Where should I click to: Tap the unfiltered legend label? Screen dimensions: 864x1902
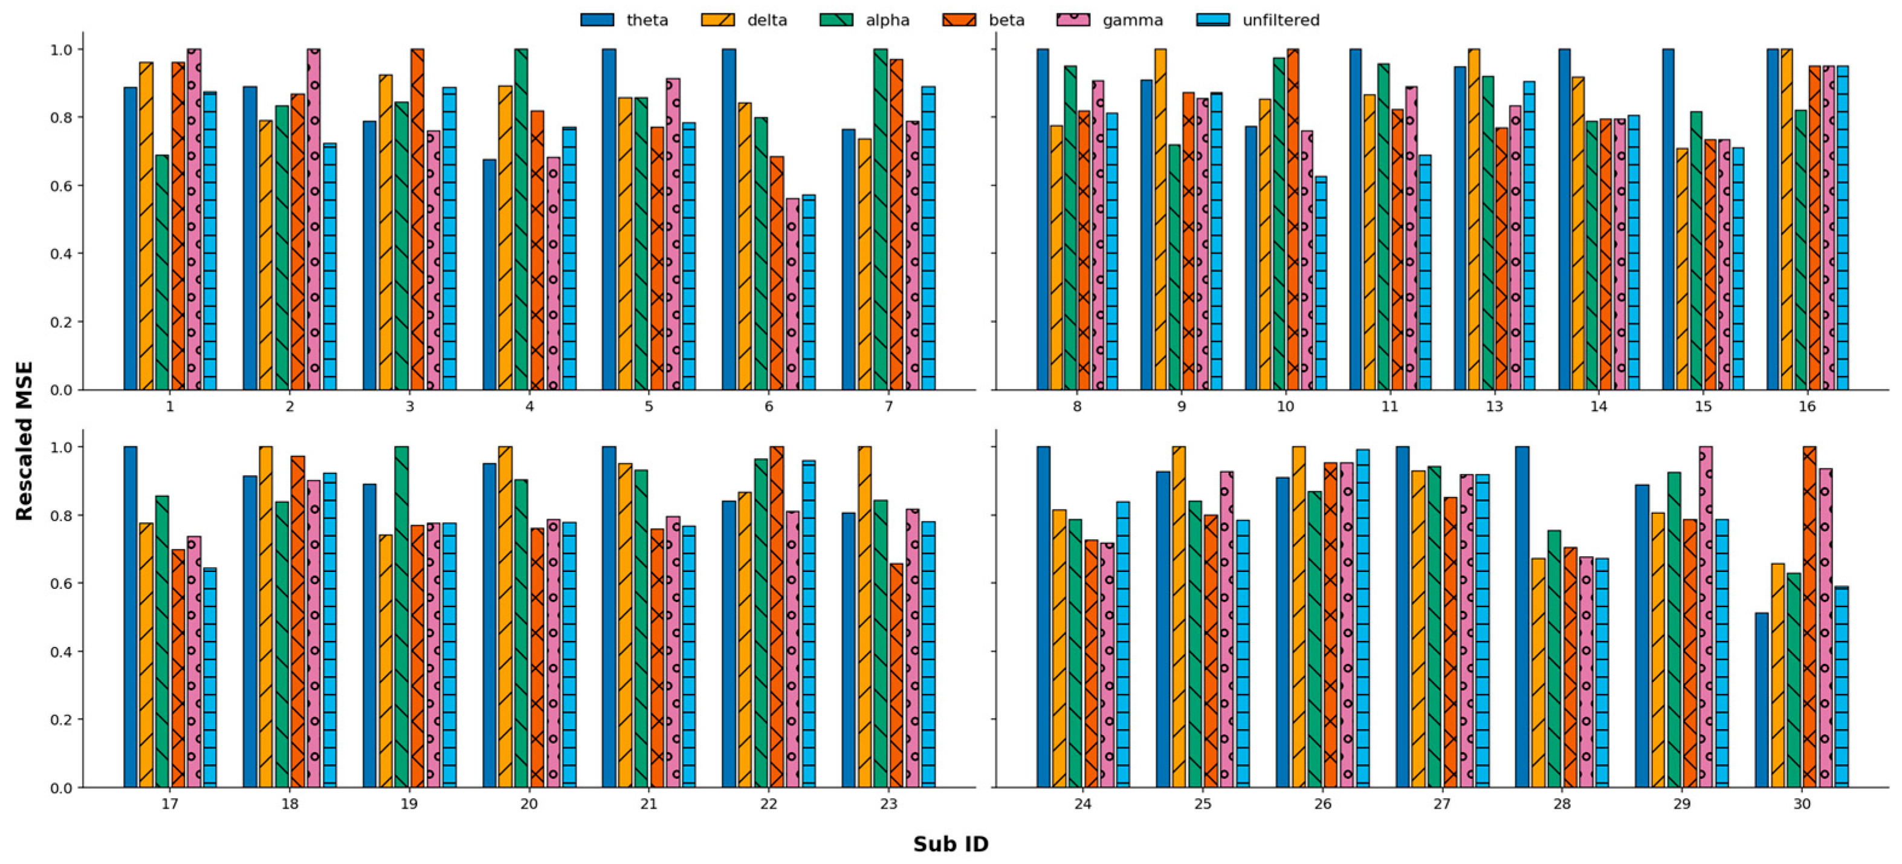pyautogui.click(x=1280, y=20)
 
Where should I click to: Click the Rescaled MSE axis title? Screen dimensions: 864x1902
pyautogui.click(x=24, y=440)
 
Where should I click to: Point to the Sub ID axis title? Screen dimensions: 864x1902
pyautogui.click(x=950, y=843)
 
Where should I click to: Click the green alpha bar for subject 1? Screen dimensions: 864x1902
pyautogui.click(x=162, y=273)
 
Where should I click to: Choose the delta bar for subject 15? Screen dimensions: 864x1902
pyautogui.click(x=1682, y=270)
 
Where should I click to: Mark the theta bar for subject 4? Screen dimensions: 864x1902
pyautogui.click(x=490, y=274)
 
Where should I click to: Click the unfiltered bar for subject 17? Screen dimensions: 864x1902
pyautogui.click(x=210, y=677)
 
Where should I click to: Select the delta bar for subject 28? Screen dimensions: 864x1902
pyautogui.click(x=1538, y=672)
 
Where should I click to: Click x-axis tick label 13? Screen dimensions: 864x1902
pyautogui.click(x=1493, y=406)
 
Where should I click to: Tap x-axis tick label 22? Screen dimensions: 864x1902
pyautogui.click(x=768, y=804)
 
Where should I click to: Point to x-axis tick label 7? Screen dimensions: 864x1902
pyautogui.click(x=888, y=406)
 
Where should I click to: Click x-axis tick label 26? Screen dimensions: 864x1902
pyautogui.click(x=1322, y=804)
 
